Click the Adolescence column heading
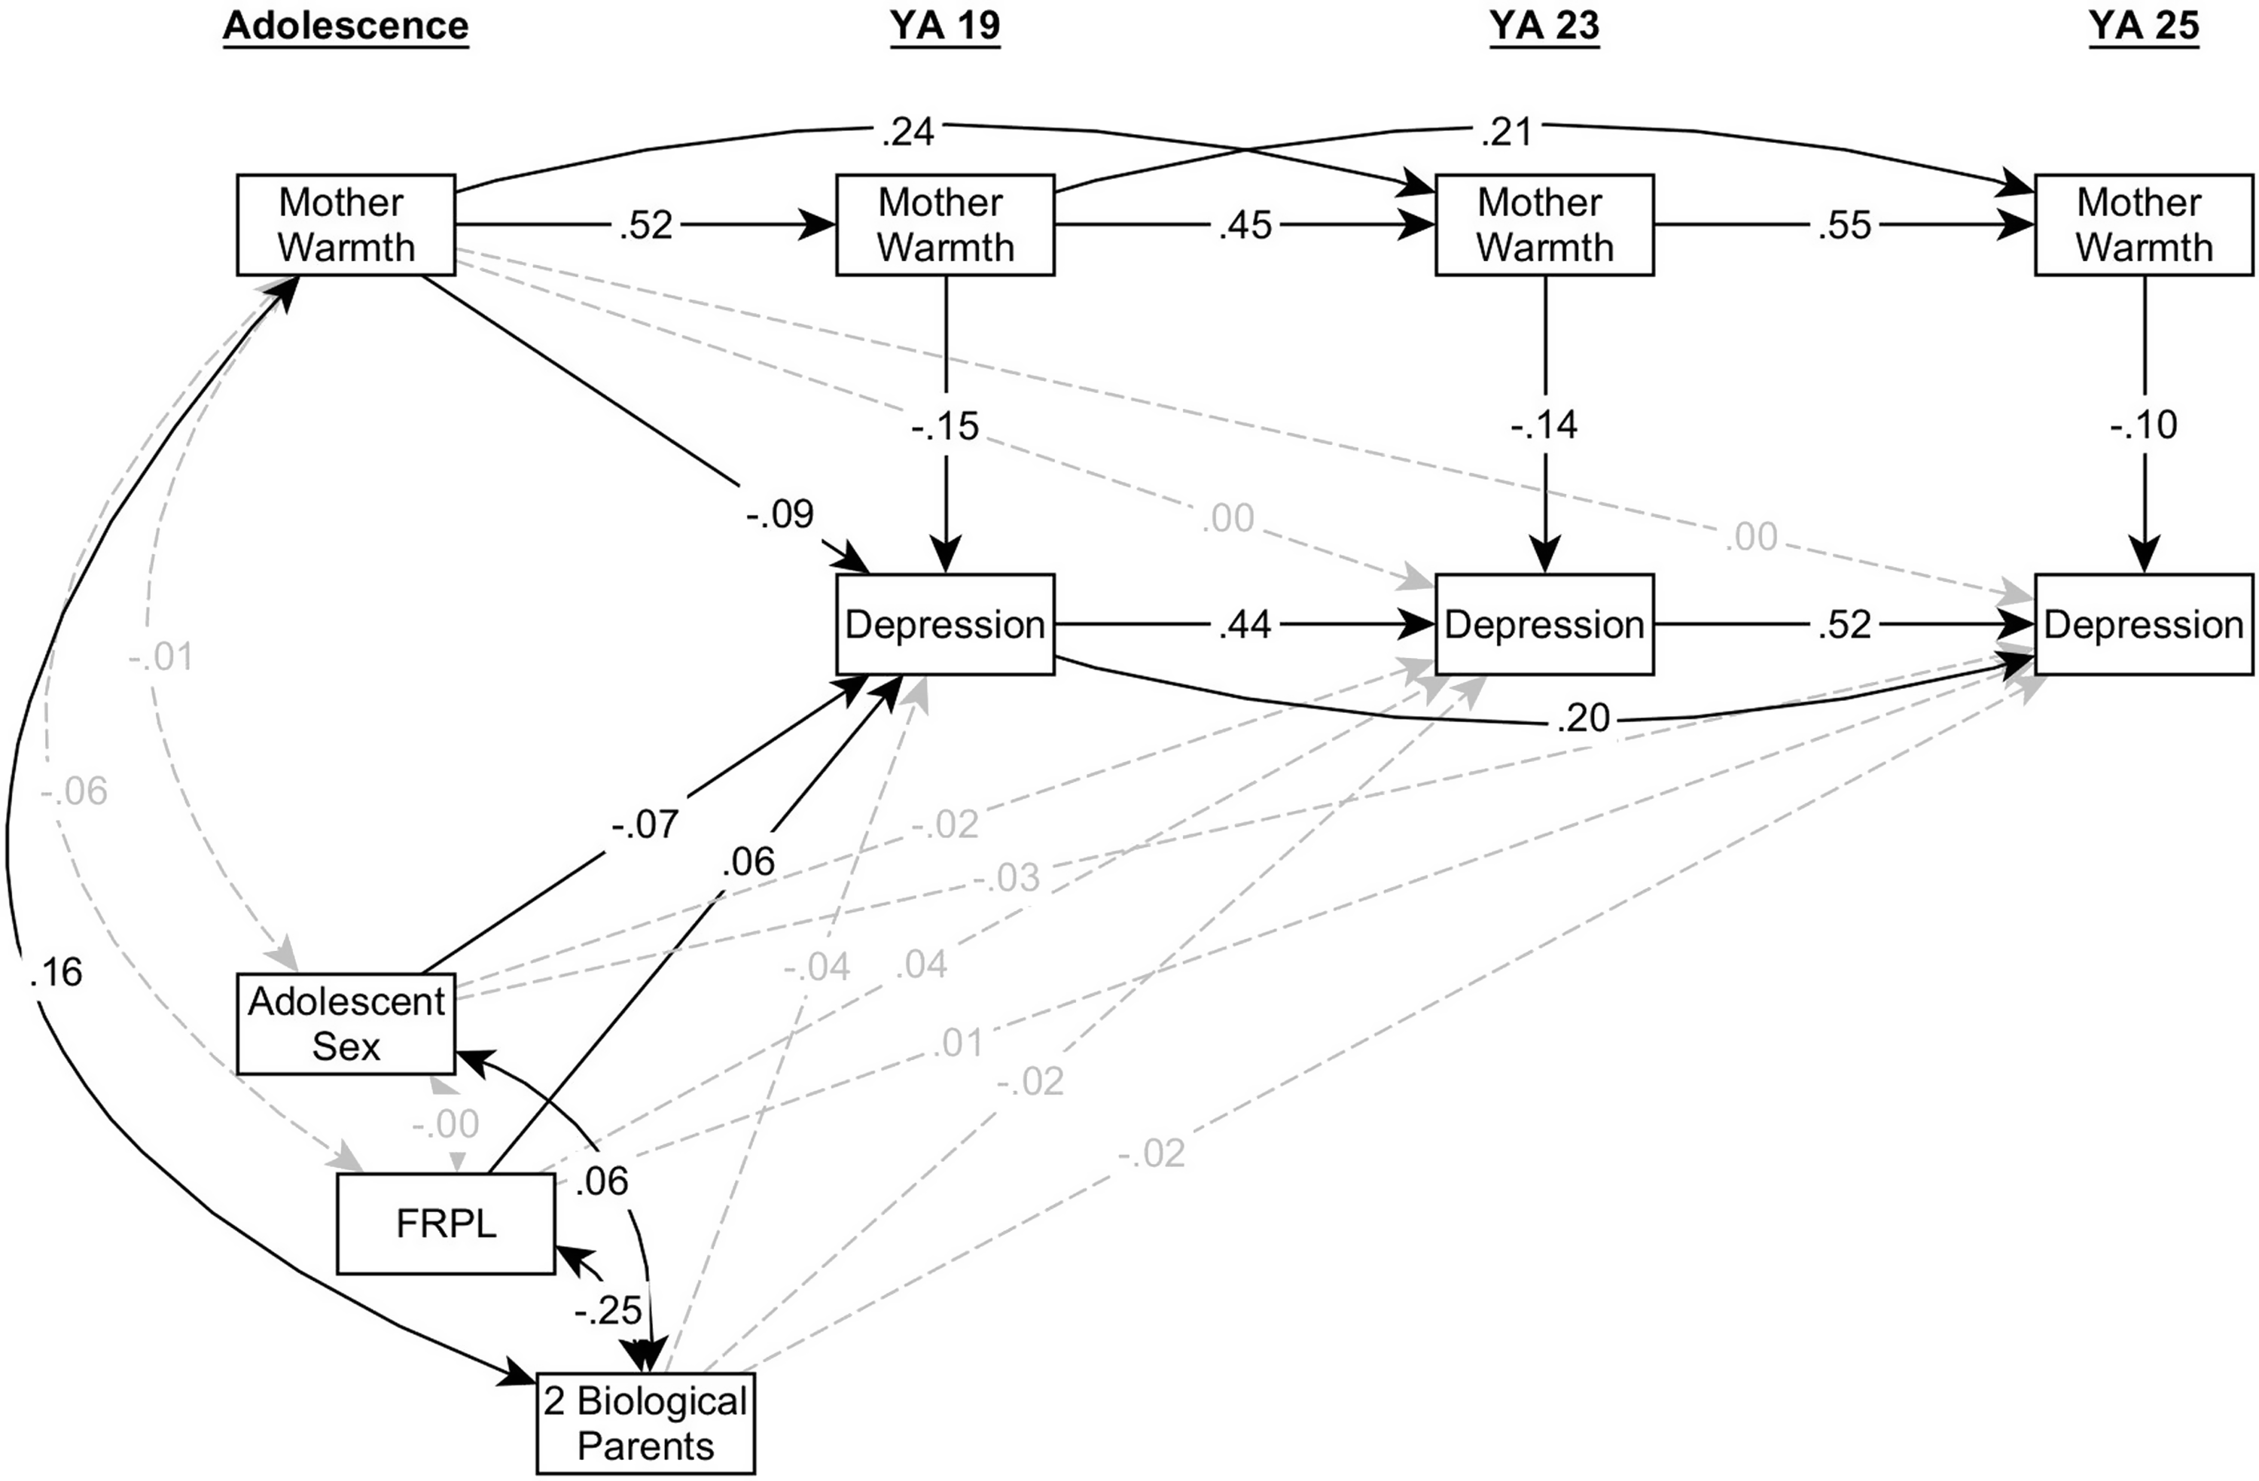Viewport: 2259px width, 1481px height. pyautogui.click(x=346, y=26)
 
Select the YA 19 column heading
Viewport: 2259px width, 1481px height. pyautogui.click(x=944, y=26)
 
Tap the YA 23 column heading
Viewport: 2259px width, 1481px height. pyautogui.click(x=1544, y=26)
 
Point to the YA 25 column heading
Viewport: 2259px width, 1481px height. pyautogui.click(x=2143, y=26)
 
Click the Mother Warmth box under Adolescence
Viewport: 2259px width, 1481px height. pyautogui.click(x=346, y=225)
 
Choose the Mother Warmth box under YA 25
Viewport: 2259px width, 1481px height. pyautogui.click(x=2143, y=225)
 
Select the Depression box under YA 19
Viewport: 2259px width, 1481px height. pyautogui.click(x=944, y=625)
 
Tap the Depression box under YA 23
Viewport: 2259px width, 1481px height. pyautogui.click(x=1544, y=625)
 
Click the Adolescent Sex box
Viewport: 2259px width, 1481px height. pyautogui.click(x=346, y=1023)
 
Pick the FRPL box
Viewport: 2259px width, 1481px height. pyautogui.click(x=445, y=1224)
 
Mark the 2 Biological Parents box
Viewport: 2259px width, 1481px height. pyautogui.click(x=645, y=1423)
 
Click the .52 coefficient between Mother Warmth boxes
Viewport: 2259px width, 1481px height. pyautogui.click(x=645, y=226)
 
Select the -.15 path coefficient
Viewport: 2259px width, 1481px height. pyautogui.click(x=945, y=426)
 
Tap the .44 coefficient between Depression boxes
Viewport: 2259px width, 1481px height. pyautogui.click(x=1245, y=625)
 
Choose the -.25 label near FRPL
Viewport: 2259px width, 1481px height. pyautogui.click(x=608, y=1311)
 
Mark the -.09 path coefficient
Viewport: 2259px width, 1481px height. pyautogui.click(x=780, y=513)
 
